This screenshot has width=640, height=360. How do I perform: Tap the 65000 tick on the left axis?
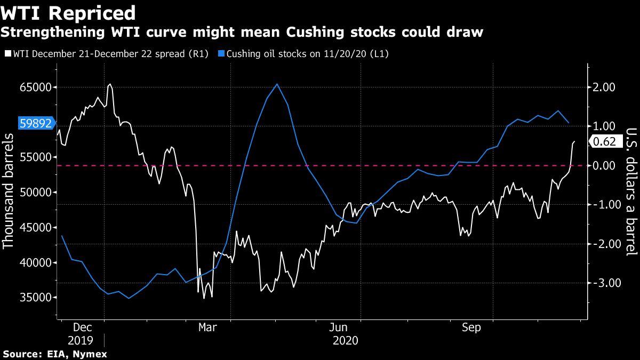click(35, 87)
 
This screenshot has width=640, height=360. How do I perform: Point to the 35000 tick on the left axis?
click(35, 298)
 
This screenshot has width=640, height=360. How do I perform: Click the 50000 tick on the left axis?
click(35, 192)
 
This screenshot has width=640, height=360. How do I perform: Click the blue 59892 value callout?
click(36, 124)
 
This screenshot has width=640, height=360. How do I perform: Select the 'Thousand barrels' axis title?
click(9, 191)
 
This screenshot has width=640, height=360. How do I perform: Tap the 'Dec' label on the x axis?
click(82, 327)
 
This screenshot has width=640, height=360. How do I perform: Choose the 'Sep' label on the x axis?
click(471, 327)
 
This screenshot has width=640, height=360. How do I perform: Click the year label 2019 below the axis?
click(81, 340)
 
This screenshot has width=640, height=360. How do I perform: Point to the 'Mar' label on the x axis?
click(207, 327)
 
